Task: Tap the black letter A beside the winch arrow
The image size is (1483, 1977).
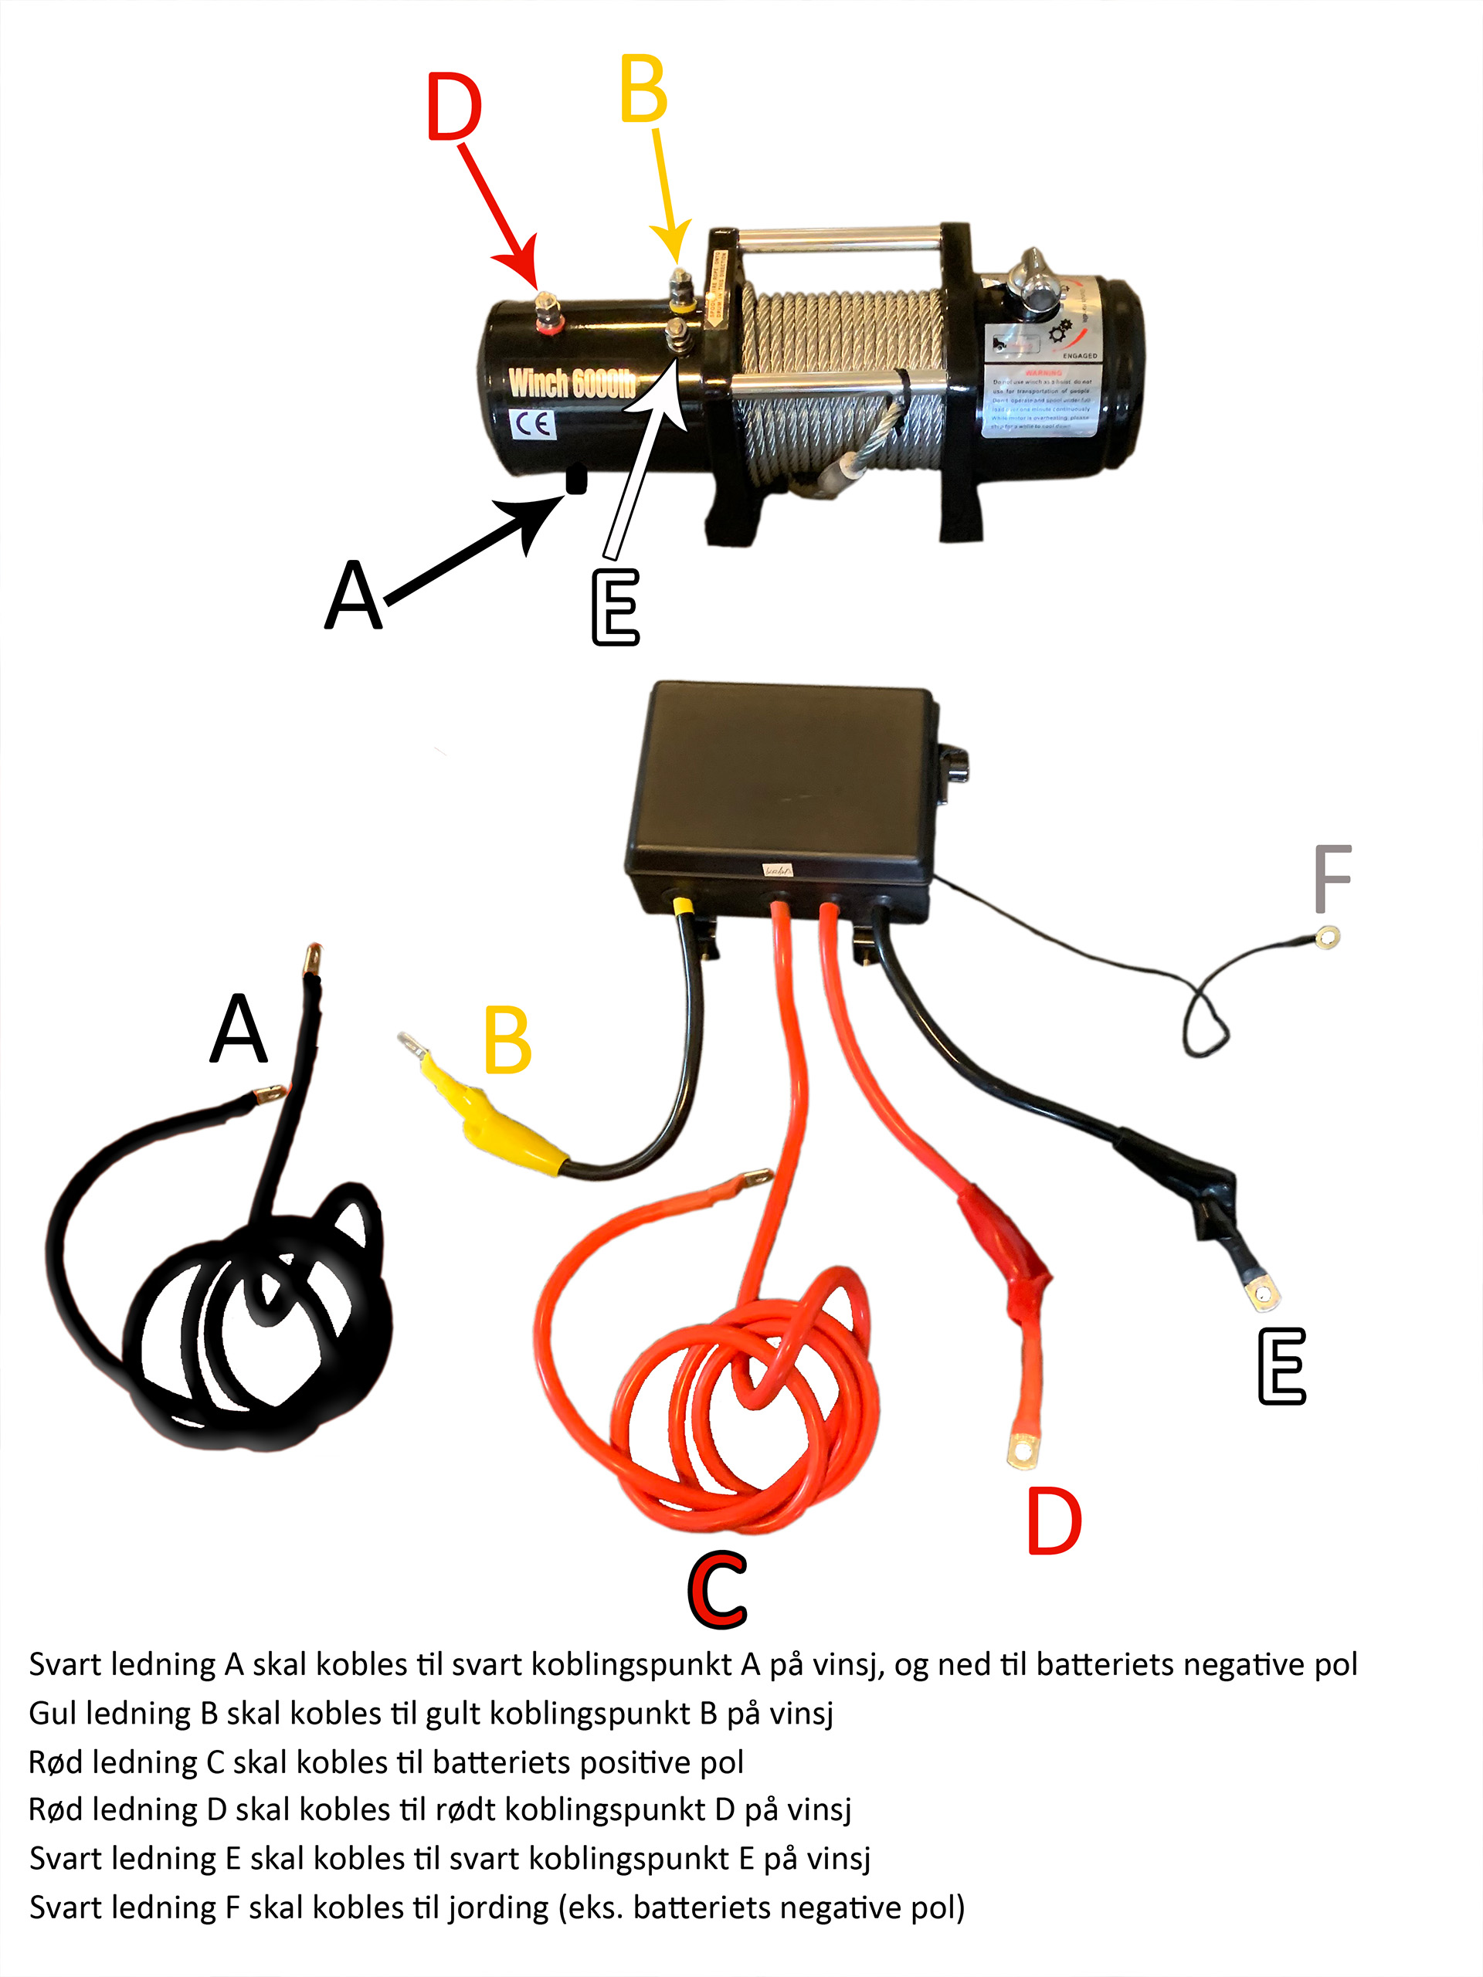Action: [x=354, y=595]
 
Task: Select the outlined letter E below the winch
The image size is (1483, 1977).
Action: [x=616, y=607]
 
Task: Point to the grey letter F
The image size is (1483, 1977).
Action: [x=1332, y=879]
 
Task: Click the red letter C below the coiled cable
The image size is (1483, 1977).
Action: [x=718, y=1590]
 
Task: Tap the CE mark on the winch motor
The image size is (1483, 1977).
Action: [x=534, y=424]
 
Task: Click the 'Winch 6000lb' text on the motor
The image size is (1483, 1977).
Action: [x=572, y=382]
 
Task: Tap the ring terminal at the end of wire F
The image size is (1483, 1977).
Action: [x=1329, y=937]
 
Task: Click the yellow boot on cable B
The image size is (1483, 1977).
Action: [x=501, y=1121]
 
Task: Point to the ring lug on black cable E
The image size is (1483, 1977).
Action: [x=1264, y=1294]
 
